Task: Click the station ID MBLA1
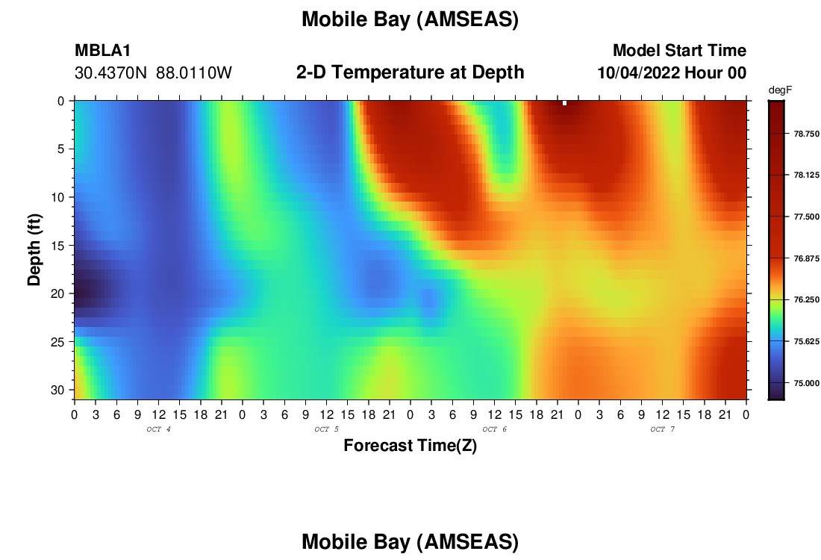[103, 50]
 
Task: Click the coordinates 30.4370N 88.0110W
[153, 72]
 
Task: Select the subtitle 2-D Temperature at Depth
[410, 72]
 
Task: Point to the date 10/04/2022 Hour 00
[672, 72]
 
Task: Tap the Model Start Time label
[680, 50]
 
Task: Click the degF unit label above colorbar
[780, 90]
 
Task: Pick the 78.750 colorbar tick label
[806, 134]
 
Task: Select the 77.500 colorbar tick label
[806, 217]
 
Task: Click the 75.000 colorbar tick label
[806, 383]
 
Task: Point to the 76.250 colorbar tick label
[806, 299]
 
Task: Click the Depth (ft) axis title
[34, 250]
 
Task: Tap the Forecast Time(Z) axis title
[410, 445]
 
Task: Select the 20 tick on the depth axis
[57, 294]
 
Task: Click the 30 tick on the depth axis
[57, 391]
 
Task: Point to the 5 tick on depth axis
[60, 149]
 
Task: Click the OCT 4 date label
[158, 429]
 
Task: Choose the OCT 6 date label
[494, 429]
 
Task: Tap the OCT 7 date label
[662, 429]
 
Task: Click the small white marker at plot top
[564, 103]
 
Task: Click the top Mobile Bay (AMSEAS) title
[410, 19]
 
